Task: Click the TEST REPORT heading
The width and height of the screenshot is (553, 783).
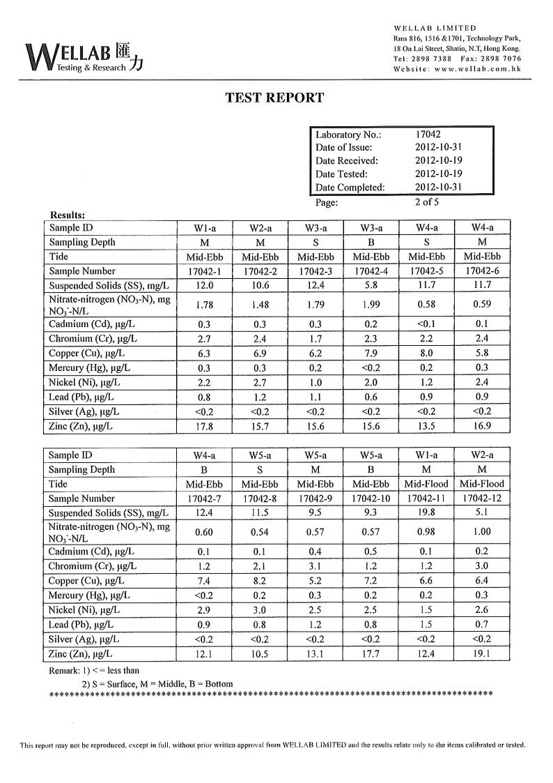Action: point(275,98)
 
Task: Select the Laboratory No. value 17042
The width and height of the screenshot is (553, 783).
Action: point(428,135)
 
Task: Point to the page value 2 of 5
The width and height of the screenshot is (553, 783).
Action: point(428,203)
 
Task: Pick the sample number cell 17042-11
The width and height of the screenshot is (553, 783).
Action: point(426,499)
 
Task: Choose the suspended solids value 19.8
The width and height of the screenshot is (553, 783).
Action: point(426,513)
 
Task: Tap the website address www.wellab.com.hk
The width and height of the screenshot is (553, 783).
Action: point(476,69)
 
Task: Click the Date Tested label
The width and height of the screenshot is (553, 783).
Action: point(341,174)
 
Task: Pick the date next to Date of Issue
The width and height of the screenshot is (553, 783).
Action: point(439,148)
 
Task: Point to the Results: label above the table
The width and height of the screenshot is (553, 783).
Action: point(68,215)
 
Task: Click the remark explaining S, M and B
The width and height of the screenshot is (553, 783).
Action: point(157,684)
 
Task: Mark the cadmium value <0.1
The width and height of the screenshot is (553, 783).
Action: point(426,324)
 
